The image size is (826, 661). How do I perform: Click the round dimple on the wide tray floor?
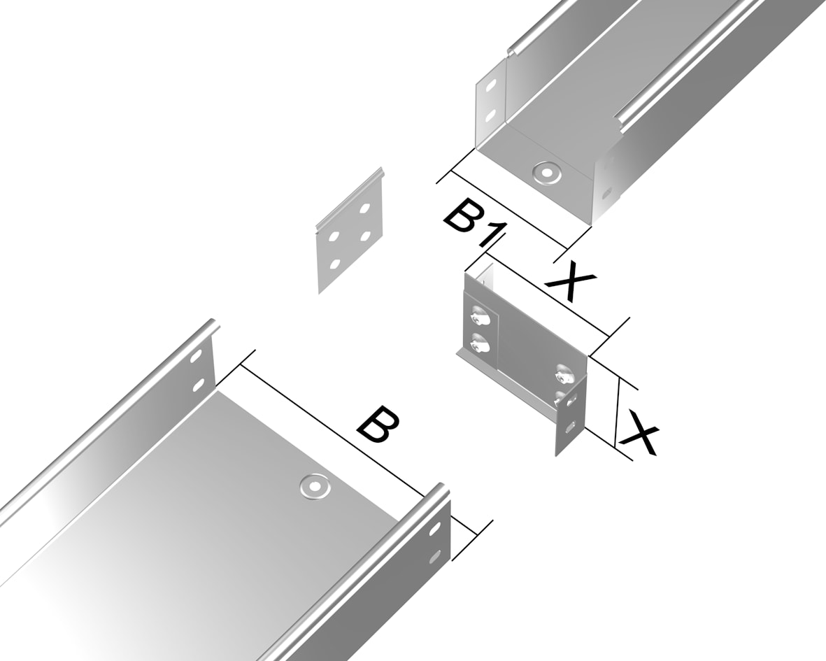[x=315, y=486]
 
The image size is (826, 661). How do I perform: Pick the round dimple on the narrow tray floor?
[x=546, y=171]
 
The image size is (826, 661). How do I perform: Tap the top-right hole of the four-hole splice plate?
[x=364, y=208]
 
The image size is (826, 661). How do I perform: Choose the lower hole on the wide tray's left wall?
[x=199, y=385]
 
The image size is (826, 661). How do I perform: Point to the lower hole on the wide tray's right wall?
[x=435, y=555]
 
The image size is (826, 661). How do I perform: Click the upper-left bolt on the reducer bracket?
[x=479, y=317]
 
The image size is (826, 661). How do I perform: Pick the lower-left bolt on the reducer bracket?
[x=479, y=344]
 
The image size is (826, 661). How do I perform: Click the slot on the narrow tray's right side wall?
[x=607, y=193]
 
